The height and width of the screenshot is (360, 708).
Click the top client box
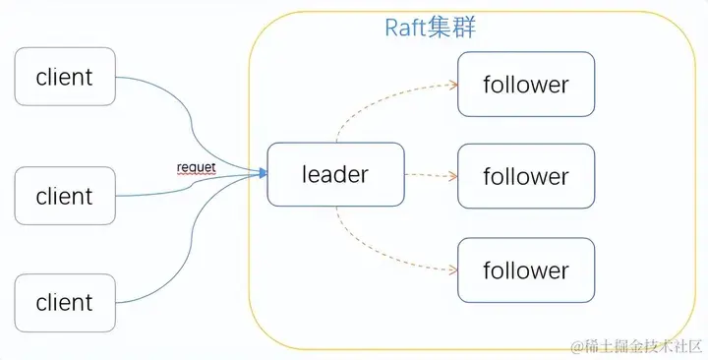point(65,77)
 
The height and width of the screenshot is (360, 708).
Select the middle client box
point(65,196)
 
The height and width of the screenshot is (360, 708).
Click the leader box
point(335,174)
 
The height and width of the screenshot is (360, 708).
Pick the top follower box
point(526,85)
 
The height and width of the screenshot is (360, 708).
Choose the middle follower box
point(526,177)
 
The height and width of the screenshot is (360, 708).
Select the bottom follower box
point(526,270)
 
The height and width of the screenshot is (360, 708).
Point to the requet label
point(195,167)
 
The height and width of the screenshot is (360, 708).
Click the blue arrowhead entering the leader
point(263,174)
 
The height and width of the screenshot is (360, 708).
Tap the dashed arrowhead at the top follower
point(454,85)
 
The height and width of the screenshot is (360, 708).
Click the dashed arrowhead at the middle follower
point(454,177)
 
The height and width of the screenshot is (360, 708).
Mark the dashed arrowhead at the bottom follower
point(454,270)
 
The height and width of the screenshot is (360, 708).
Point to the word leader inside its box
point(335,174)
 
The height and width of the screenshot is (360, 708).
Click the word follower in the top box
point(526,85)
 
